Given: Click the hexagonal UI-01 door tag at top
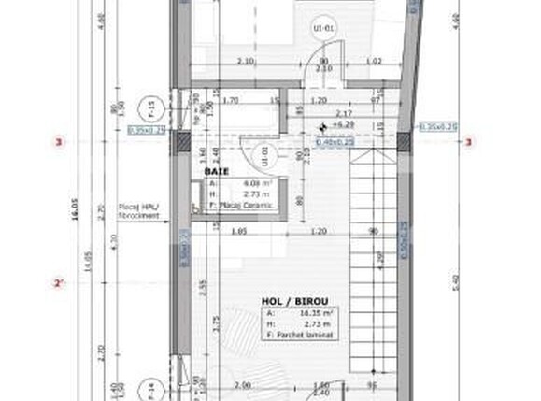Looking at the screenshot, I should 329,29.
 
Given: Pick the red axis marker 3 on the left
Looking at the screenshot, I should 60,143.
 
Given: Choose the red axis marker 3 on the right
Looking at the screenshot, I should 469,143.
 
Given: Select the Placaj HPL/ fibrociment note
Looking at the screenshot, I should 137,211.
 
